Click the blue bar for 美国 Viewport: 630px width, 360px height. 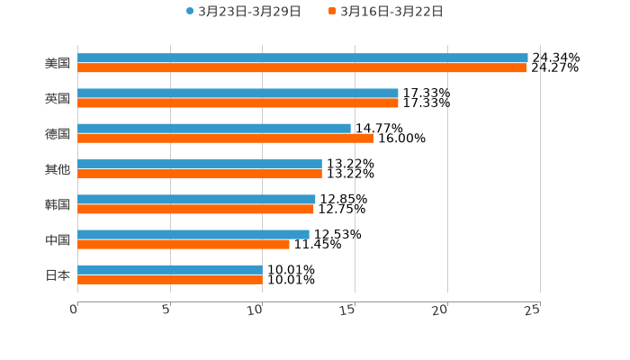click(302, 58)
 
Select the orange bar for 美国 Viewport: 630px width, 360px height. click(301, 67)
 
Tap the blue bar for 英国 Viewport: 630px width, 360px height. click(238, 93)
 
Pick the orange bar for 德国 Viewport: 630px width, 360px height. click(225, 138)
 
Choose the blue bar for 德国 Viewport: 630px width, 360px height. click(214, 128)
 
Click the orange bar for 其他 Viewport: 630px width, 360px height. click(200, 174)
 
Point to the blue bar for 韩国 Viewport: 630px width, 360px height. click(196, 199)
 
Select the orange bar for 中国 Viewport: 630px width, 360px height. click(184, 244)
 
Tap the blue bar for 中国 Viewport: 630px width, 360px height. click(193, 234)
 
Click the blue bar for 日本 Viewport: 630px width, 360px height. click(170, 269)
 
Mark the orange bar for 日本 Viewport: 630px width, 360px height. click(170, 279)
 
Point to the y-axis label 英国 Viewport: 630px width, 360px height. click(58, 98)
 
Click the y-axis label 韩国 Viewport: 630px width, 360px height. click(58, 204)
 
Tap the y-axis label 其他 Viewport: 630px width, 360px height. click(58, 169)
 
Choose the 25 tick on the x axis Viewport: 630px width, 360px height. click(534, 310)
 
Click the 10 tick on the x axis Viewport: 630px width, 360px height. click(256, 310)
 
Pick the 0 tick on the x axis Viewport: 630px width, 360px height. click(75, 310)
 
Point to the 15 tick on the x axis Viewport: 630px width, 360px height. click(349, 310)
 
